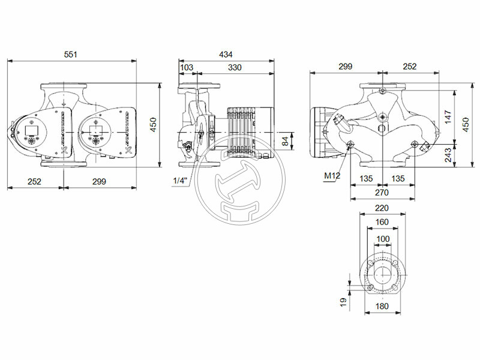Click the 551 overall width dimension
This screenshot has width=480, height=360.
point(71,55)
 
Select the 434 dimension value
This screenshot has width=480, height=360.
point(226,55)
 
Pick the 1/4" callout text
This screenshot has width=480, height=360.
point(180,181)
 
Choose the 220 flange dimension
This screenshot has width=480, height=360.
point(382,208)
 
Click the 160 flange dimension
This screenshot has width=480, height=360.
point(382,222)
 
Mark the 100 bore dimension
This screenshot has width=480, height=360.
point(382,239)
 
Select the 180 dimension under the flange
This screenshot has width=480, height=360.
point(382,306)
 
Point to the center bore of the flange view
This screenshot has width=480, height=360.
point(382,275)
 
